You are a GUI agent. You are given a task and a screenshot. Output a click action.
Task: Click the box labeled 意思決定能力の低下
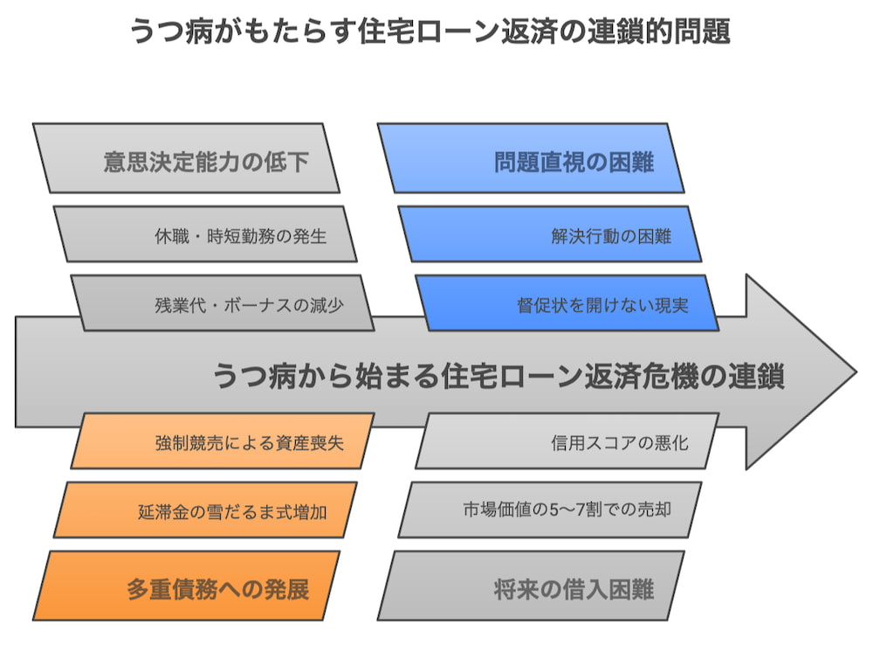pos(186,158)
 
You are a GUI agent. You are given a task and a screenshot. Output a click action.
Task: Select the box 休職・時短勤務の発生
pos(205,234)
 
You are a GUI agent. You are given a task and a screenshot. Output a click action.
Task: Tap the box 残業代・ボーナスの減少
pos(222,302)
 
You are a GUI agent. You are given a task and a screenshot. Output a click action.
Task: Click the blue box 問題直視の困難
pos(531,158)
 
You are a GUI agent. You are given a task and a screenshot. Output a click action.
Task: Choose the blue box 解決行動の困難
pos(549,234)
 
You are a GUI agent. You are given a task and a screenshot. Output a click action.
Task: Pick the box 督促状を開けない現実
pos(567,302)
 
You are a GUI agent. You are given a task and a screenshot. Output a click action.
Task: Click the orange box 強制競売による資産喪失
pos(222,441)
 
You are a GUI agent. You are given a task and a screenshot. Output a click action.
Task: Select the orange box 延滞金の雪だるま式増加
pos(205,510)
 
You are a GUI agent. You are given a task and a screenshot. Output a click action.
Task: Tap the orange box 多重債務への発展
pos(186,586)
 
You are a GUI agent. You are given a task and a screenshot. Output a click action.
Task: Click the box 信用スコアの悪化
pos(567,441)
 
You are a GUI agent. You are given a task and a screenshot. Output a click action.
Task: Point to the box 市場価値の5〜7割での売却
pos(549,510)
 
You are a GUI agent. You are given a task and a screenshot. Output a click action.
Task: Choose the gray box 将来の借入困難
pos(531,586)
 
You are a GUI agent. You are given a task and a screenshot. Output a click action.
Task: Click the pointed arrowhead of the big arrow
pos(856,371)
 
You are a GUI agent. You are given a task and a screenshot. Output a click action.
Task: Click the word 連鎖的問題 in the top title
pos(658,31)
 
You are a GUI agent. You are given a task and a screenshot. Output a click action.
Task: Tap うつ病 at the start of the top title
pos(171,31)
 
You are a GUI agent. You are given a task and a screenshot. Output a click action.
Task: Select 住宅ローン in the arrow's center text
pos(512,375)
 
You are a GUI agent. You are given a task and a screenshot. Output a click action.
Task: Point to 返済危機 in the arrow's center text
pos(641,375)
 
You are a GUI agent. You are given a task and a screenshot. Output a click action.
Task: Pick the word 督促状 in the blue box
pos(542,305)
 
